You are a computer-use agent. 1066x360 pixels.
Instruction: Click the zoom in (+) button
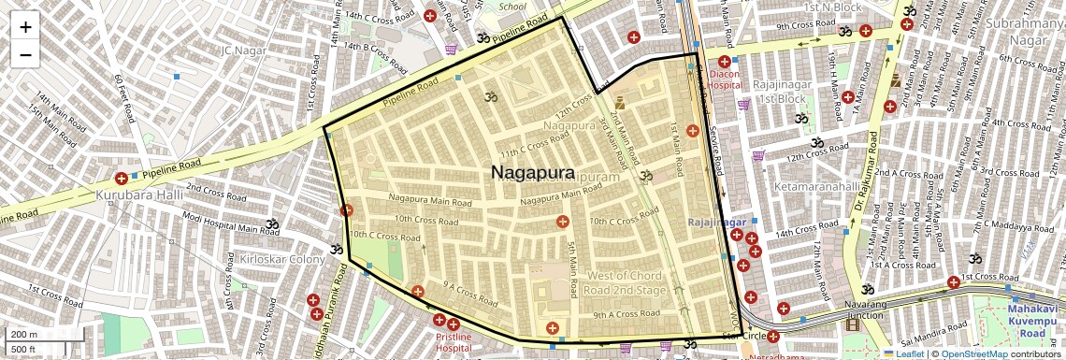pos(25,27)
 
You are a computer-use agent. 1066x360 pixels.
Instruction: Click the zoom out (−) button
pos(25,54)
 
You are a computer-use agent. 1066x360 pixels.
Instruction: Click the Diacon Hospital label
pos(725,78)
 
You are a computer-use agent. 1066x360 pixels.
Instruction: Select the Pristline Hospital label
pos(453,341)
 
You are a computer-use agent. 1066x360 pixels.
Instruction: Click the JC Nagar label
pos(245,49)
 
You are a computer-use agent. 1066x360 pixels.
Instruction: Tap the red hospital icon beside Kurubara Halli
pos(121,178)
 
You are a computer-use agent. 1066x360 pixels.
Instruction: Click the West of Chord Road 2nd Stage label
pos(624,282)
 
